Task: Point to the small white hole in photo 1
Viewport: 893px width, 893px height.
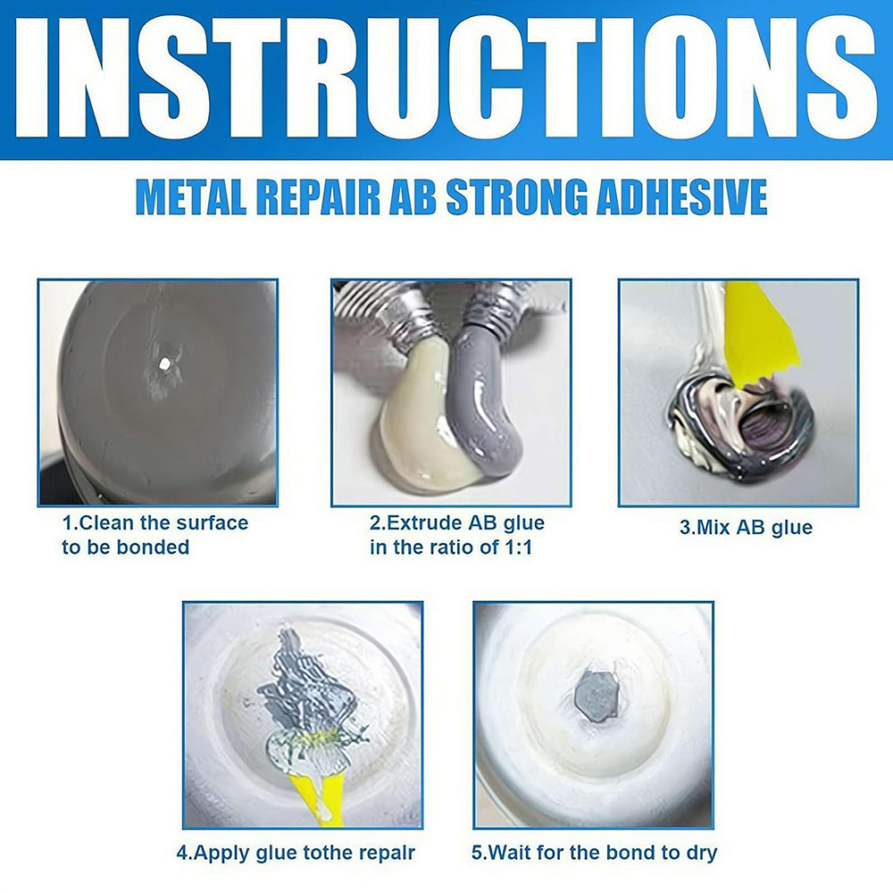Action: (x=166, y=363)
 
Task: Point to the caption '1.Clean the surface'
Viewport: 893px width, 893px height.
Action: (x=155, y=522)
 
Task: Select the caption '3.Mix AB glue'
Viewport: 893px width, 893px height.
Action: (x=746, y=527)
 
